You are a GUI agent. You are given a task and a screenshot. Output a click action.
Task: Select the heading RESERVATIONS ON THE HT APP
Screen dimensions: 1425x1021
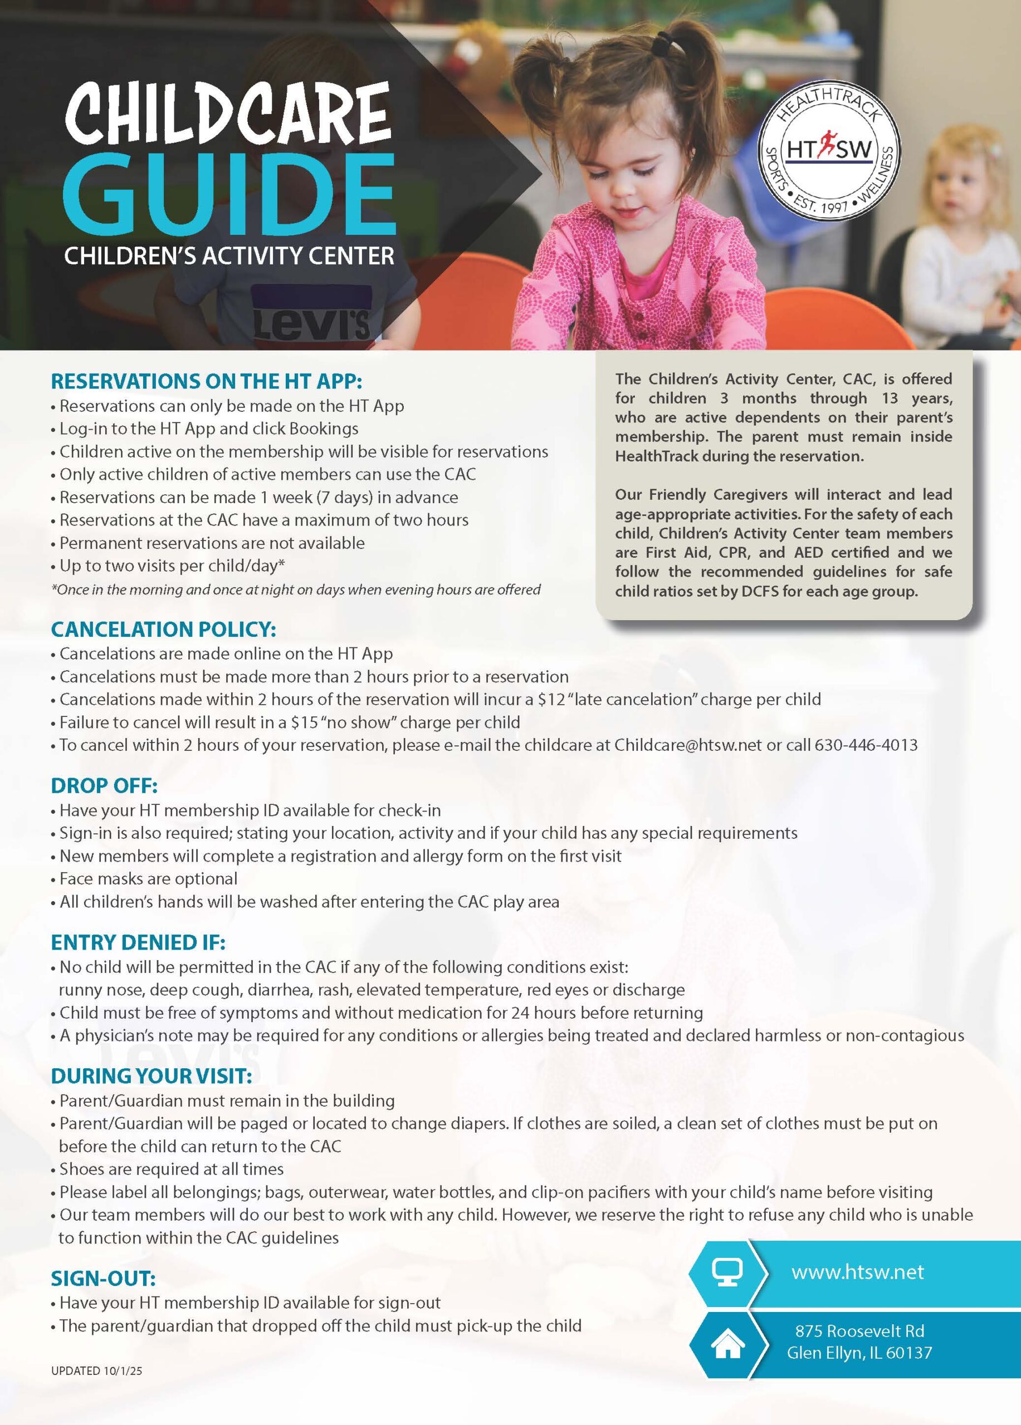click(x=206, y=381)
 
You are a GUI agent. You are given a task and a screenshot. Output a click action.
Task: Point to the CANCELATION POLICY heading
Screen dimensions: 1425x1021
click(x=163, y=629)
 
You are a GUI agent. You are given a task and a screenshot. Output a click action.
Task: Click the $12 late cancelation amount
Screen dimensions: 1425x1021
click(x=551, y=699)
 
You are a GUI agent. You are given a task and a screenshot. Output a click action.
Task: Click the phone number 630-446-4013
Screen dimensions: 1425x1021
click(x=866, y=745)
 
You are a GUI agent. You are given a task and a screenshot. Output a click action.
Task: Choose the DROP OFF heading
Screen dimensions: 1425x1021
click(x=104, y=785)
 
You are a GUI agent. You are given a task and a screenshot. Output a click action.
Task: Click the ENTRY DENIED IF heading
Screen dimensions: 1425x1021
click(x=138, y=942)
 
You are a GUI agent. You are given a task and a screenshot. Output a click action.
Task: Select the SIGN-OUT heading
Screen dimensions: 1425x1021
click(x=103, y=1279)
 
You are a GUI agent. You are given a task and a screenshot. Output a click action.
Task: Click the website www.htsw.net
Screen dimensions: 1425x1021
click(x=858, y=1272)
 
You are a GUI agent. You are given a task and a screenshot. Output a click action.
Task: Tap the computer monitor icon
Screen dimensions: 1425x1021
click(x=727, y=1272)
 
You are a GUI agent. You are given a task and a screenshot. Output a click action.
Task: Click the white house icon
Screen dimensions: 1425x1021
click(x=727, y=1345)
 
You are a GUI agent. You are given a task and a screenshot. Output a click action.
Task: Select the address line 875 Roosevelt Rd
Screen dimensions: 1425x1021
click(x=859, y=1331)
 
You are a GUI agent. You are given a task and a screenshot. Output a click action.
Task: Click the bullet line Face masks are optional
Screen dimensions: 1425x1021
click(x=148, y=878)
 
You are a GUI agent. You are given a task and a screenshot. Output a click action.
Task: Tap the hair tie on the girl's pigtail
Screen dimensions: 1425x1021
click(x=661, y=45)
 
